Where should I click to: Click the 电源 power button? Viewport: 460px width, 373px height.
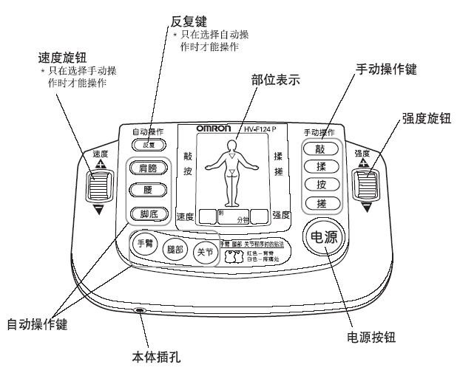pos(322,238)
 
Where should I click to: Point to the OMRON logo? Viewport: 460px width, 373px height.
pos(217,129)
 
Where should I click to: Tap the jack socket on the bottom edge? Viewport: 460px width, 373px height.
pos(140,311)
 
